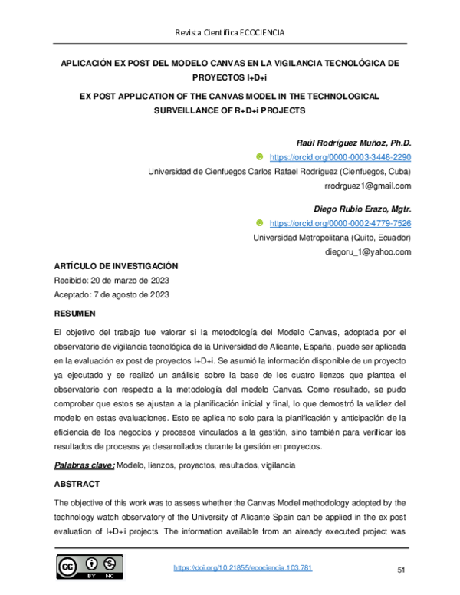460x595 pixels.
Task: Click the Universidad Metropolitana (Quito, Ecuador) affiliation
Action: (x=332, y=238)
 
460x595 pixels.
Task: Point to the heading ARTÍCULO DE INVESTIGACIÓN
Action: (x=115, y=265)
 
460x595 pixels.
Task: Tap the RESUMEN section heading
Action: (x=74, y=314)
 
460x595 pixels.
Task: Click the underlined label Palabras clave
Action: (x=84, y=465)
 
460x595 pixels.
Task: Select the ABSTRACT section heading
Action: (x=77, y=485)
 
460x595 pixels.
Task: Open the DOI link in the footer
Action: (x=243, y=569)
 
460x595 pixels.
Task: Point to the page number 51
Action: (x=400, y=570)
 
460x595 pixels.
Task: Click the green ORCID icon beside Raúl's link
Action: (x=259, y=157)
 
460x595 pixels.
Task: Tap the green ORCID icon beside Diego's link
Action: (x=259, y=223)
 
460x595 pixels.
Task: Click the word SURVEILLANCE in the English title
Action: (x=192, y=110)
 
